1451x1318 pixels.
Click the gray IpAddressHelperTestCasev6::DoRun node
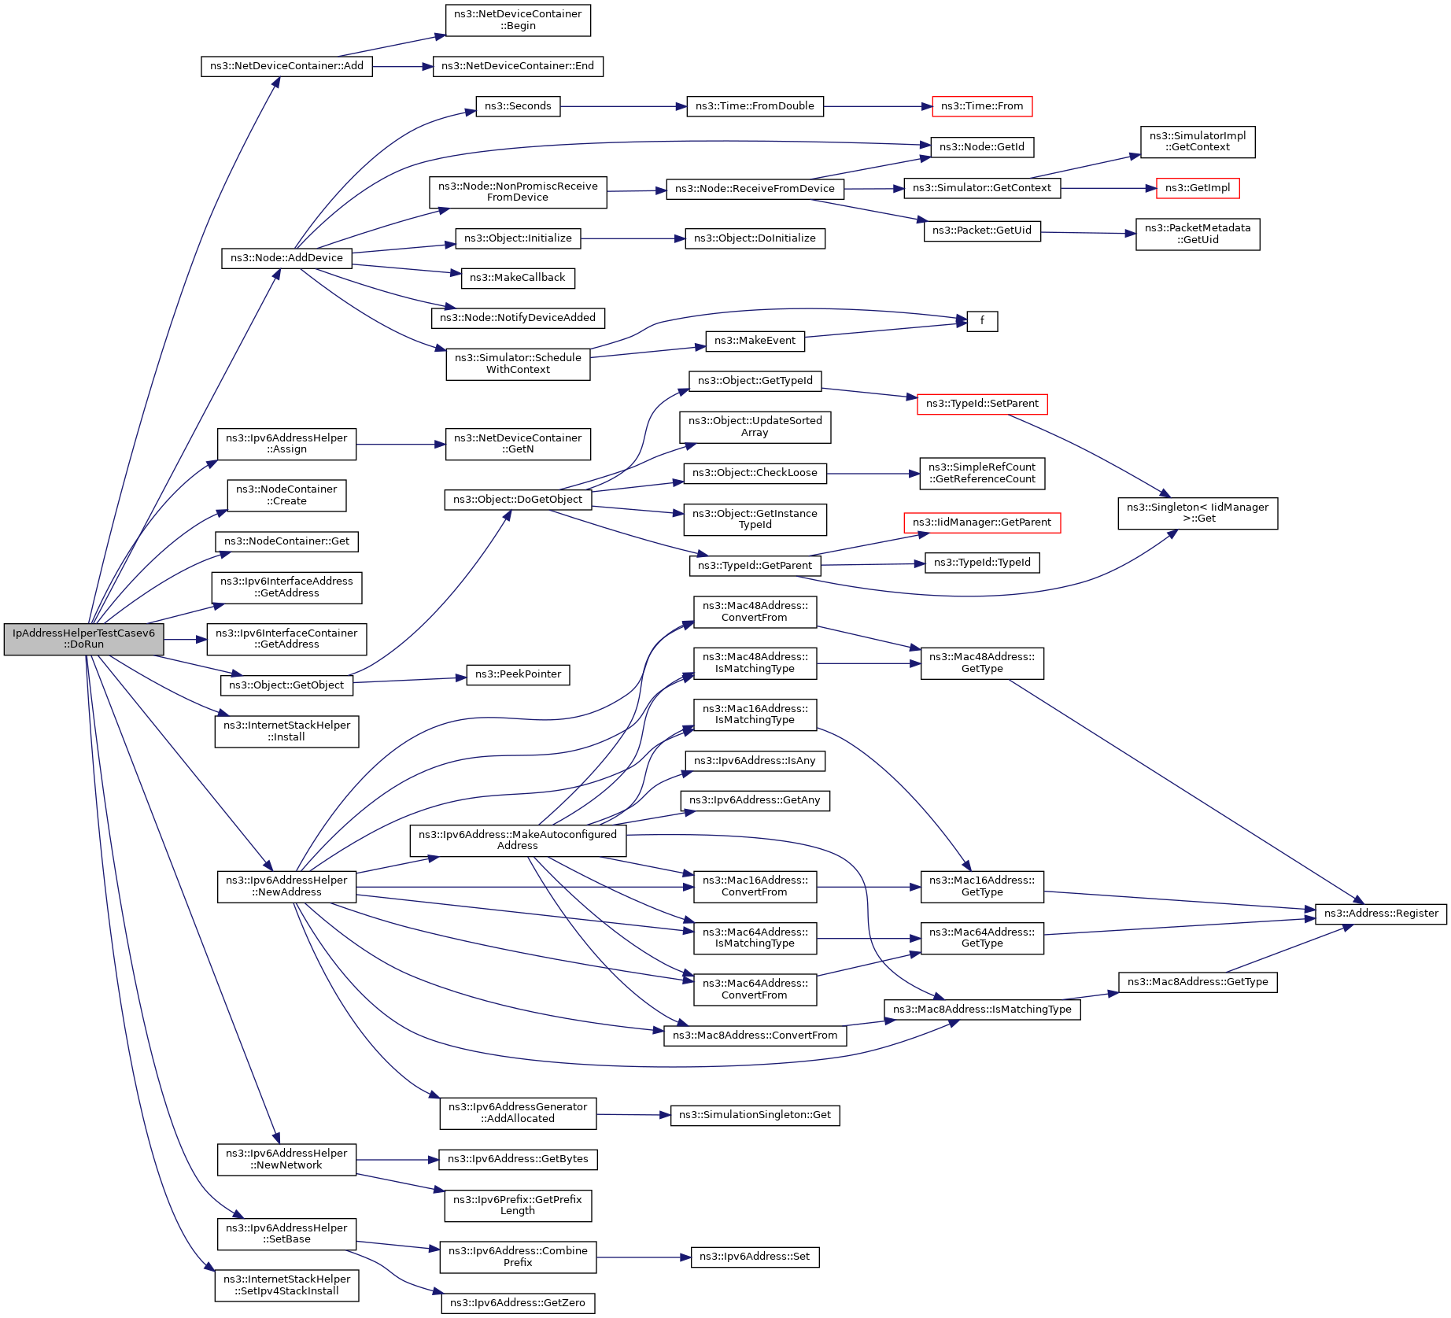pos(83,639)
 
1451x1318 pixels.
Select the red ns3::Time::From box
pos(981,106)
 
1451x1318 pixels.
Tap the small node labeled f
pos(981,321)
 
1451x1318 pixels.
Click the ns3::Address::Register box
pos(1380,914)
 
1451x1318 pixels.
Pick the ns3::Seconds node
pos(518,106)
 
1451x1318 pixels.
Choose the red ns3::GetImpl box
pos(1197,188)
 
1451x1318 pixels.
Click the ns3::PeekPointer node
pos(518,674)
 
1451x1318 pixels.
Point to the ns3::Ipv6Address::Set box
pos(754,1257)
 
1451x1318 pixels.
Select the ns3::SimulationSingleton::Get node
pos(754,1115)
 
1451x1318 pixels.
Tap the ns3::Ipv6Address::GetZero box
pos(518,1303)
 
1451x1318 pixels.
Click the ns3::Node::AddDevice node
pos(286,258)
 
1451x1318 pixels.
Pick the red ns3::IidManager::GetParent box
pos(981,522)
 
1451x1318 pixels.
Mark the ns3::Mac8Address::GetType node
pos(1197,982)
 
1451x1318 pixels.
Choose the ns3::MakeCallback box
pos(518,278)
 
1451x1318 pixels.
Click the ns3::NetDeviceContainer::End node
pos(518,66)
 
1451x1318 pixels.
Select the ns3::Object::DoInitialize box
pos(754,238)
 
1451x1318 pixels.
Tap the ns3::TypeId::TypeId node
pos(981,563)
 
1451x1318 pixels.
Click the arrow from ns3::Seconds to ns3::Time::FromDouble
pos(622,106)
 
